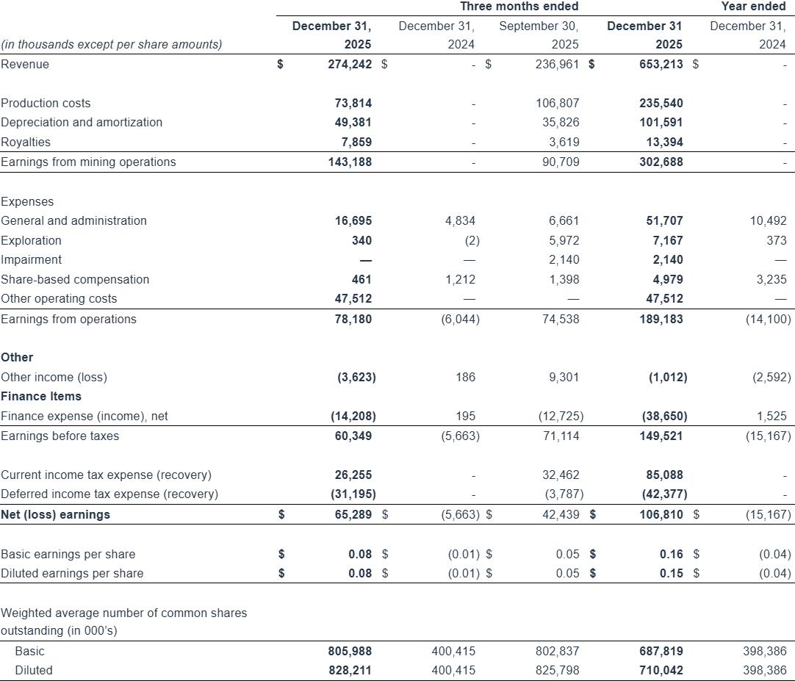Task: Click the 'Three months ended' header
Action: click(519, 7)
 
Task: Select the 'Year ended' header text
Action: click(754, 7)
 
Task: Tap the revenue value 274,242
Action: click(350, 64)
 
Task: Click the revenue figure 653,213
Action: click(661, 64)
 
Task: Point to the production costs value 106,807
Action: click(558, 103)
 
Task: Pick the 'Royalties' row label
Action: click(26, 142)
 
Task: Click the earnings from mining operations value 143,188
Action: click(350, 162)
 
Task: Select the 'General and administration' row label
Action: click(73, 220)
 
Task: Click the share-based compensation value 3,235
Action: click(771, 279)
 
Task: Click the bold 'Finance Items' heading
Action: click(41, 396)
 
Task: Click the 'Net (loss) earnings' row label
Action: click(55, 514)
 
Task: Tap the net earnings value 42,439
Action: click(561, 514)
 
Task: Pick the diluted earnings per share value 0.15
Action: click(671, 573)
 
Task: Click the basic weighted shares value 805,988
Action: click(350, 651)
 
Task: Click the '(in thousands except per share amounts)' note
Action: click(112, 44)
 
